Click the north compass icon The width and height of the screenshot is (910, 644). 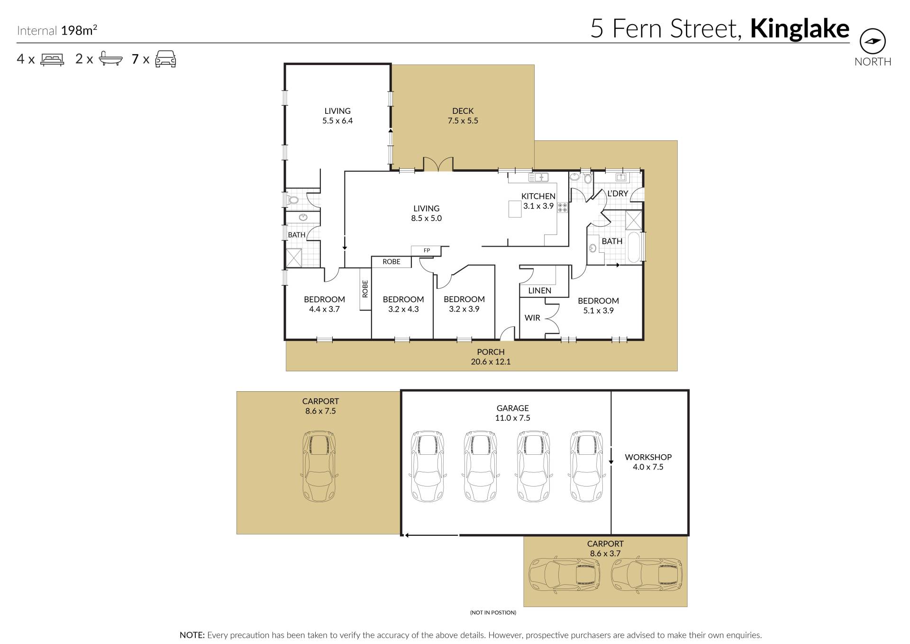pyautogui.click(x=872, y=42)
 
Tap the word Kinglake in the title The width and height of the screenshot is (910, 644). pyautogui.click(x=800, y=29)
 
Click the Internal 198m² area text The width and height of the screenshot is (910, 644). pyautogui.click(x=57, y=30)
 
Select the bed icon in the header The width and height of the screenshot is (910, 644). pyautogui.click(x=52, y=59)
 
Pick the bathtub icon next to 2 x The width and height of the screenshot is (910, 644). pyautogui.click(x=111, y=59)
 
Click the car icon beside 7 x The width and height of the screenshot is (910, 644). pyautogui.click(x=166, y=59)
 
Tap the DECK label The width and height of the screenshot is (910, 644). pyautogui.click(x=463, y=111)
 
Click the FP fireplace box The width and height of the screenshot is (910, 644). pyautogui.click(x=426, y=251)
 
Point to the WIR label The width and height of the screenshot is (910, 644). pyautogui.click(x=532, y=318)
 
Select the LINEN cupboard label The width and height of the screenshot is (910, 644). pyautogui.click(x=539, y=291)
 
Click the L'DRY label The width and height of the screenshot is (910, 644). pyautogui.click(x=618, y=193)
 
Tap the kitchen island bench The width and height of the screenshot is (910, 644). pyautogui.click(x=515, y=209)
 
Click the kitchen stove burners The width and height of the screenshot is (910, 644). pyautogui.click(x=563, y=207)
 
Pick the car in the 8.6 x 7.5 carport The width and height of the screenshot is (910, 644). pyautogui.click(x=320, y=467)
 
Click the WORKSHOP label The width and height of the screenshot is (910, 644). pyautogui.click(x=648, y=457)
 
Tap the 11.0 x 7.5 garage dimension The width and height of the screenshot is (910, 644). pyautogui.click(x=512, y=418)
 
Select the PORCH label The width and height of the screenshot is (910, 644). pyautogui.click(x=491, y=352)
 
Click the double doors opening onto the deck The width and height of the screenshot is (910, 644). pyautogui.click(x=438, y=164)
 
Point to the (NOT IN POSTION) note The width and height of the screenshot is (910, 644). pyautogui.click(x=493, y=613)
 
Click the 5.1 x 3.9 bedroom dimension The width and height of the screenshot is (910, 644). pyautogui.click(x=598, y=311)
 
